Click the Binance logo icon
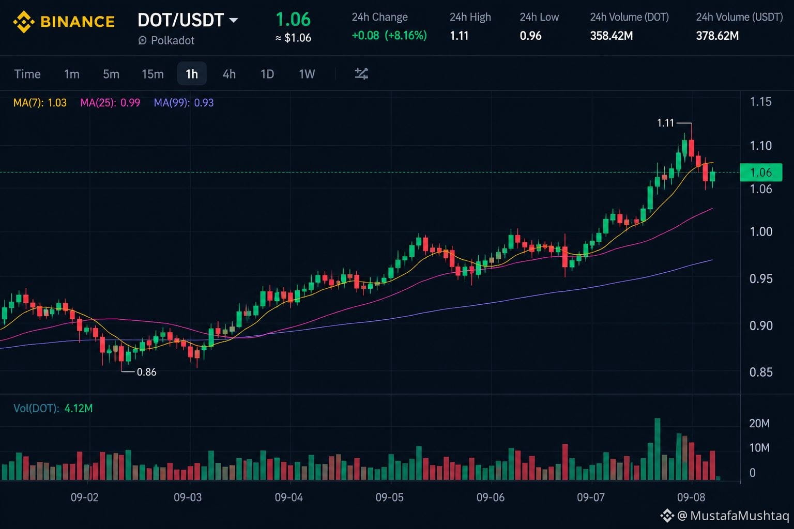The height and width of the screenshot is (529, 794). coord(24,22)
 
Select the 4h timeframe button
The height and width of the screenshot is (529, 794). coord(229,74)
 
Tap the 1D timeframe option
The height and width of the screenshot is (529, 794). coord(267,74)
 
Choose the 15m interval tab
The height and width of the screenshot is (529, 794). coord(153,74)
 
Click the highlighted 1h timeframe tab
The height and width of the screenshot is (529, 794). coord(192,74)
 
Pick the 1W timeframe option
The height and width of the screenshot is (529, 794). coord(307,74)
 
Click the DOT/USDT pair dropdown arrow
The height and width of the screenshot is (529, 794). coord(234,20)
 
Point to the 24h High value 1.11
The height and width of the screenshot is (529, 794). coord(459,36)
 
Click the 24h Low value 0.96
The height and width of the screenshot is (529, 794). coord(531,36)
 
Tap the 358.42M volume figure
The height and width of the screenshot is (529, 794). coord(612,36)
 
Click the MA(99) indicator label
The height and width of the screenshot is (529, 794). coord(184,103)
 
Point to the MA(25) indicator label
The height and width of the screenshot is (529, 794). coord(110,103)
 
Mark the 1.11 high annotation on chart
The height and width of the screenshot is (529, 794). coord(665,123)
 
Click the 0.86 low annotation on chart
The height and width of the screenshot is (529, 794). coord(146,372)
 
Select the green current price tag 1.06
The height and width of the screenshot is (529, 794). coord(761,173)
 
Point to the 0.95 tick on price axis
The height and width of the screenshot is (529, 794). coord(761,279)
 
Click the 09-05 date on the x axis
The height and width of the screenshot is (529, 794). coord(390,497)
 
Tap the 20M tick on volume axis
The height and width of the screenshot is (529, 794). coord(759,424)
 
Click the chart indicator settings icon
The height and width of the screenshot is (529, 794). coord(361,74)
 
